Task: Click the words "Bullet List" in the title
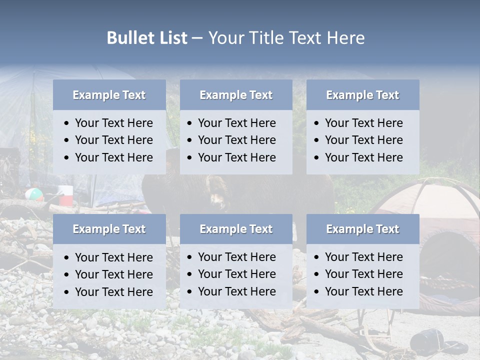coord(146,38)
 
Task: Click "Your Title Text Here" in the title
coord(286,38)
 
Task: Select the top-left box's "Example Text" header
coord(109,95)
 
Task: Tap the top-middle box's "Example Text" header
coord(236,95)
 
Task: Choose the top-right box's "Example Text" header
coord(362,95)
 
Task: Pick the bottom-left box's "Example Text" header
coord(109,229)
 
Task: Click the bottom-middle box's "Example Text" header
coord(236,229)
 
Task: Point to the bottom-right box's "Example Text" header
coord(362,229)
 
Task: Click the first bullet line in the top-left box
coord(113,123)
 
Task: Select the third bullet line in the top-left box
coord(113,157)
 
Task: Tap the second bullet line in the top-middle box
coord(236,140)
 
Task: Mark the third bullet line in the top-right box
coord(363,157)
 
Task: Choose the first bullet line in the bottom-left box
coord(113,257)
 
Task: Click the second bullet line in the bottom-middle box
coord(236,274)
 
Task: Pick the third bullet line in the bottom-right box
coord(363,291)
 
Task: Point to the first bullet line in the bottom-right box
coord(363,257)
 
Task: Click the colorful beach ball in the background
coord(34,194)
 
